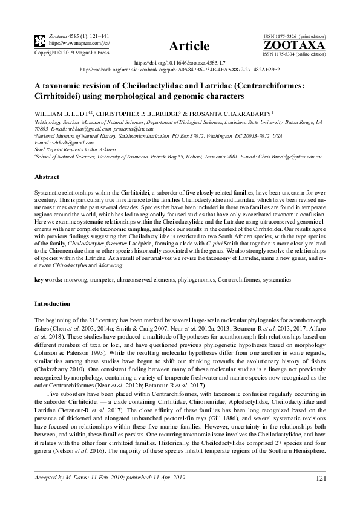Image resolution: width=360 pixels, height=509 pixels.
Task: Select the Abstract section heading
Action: (x=47, y=177)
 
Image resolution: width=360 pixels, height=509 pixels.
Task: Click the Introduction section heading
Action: (x=53, y=303)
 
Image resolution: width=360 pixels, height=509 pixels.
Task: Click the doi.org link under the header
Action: (x=179, y=62)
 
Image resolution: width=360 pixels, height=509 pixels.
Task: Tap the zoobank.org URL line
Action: (x=179, y=70)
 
